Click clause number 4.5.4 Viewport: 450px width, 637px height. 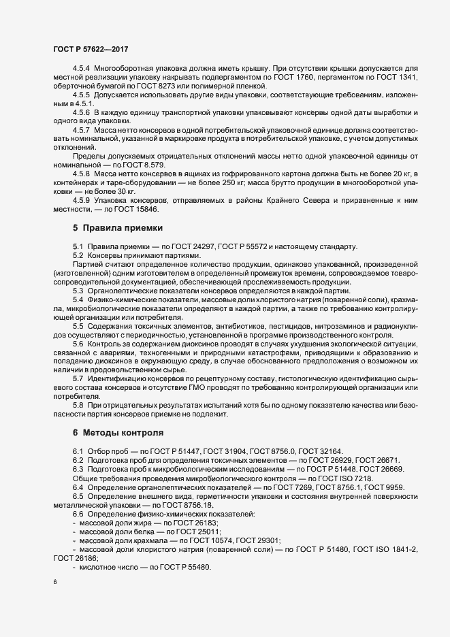81,69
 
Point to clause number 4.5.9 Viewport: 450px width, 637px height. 81,200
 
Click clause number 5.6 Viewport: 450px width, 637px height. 78,344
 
